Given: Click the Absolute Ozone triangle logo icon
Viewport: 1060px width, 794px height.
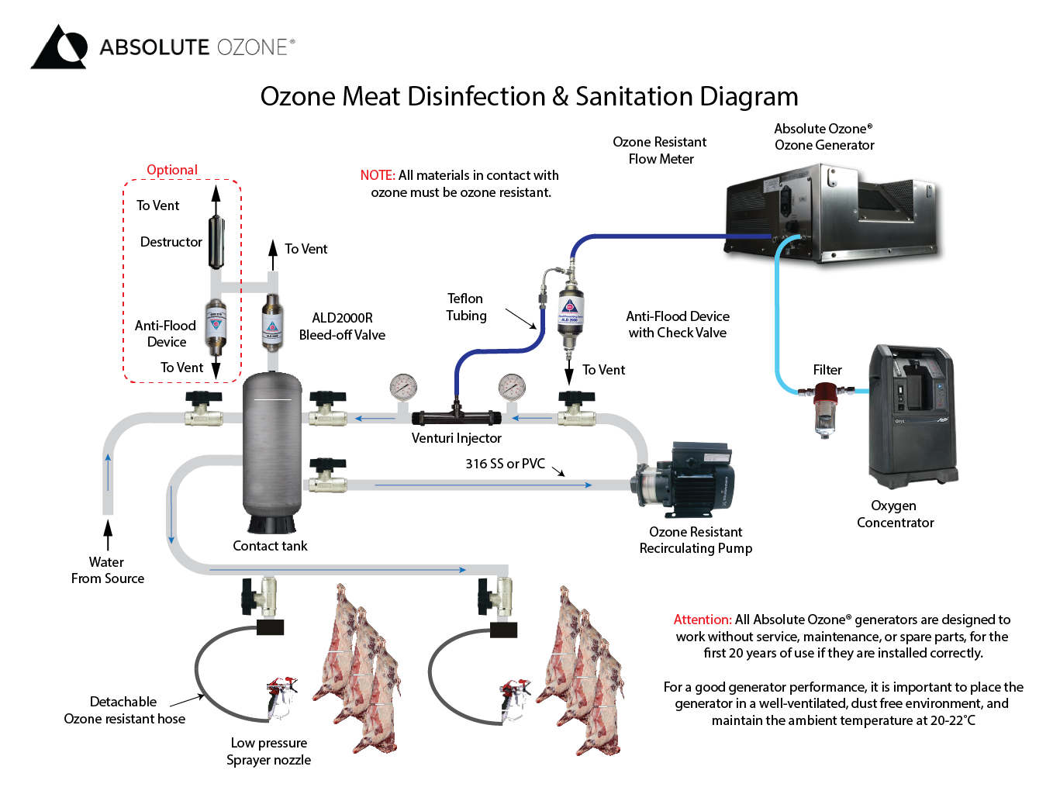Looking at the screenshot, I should (x=59, y=47).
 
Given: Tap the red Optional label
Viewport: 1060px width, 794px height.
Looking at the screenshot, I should (x=172, y=170).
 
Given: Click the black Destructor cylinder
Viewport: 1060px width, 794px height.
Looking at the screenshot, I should (x=216, y=242).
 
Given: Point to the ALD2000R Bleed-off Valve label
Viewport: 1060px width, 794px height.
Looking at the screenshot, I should (x=342, y=326).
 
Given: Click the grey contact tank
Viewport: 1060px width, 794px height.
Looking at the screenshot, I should (x=271, y=450).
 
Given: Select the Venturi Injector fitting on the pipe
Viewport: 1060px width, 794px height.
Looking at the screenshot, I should (x=456, y=417).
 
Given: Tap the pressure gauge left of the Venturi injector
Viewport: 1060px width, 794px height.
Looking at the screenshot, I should (x=403, y=386).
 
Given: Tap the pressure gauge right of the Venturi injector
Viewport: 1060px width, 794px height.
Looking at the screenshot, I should (x=512, y=386).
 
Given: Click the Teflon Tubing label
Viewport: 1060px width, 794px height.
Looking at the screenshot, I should (x=466, y=307).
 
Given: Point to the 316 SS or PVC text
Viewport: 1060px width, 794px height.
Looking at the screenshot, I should (x=505, y=464).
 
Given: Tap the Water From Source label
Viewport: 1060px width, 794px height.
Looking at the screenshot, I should (x=107, y=571).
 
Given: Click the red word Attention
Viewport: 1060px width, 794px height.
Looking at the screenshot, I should (x=702, y=620).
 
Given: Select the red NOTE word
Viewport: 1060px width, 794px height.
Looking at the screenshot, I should (x=377, y=175).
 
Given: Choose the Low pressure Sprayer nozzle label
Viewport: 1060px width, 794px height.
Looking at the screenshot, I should (x=268, y=751).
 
